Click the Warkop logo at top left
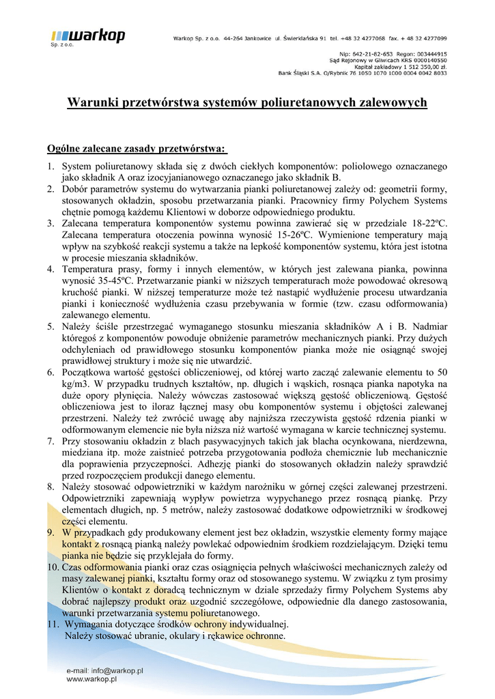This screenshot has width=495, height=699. [87, 36]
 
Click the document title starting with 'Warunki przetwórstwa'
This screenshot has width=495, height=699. [246, 102]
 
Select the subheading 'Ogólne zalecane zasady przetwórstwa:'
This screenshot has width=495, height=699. [137, 148]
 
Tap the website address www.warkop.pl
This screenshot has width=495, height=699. [91, 679]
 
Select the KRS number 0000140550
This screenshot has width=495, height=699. [423, 60]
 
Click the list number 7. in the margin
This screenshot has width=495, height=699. [51, 441]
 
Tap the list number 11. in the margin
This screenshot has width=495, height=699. [53, 624]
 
